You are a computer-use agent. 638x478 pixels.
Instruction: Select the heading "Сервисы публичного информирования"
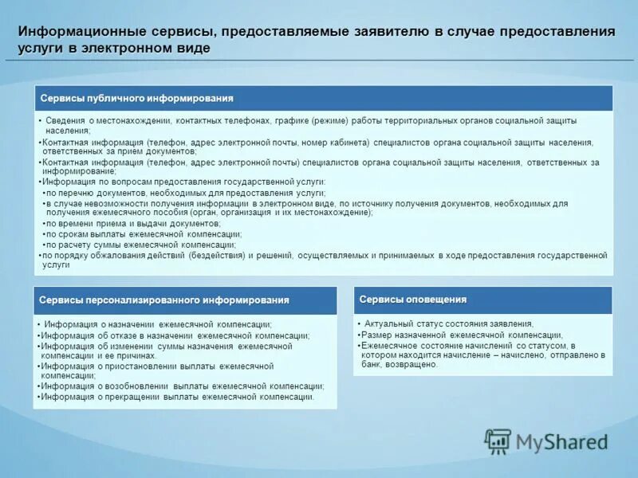pyautogui.click(x=136, y=98)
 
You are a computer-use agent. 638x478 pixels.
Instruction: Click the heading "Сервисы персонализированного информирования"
pyautogui.click(x=164, y=300)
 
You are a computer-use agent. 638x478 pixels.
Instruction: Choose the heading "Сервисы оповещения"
pyautogui.click(x=412, y=300)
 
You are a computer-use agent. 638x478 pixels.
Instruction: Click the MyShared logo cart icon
pyautogui.click(x=498, y=441)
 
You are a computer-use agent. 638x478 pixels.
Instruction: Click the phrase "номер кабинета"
pyautogui.click(x=336, y=143)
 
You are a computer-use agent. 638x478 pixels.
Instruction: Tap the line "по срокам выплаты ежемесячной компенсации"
pyautogui.click(x=143, y=234)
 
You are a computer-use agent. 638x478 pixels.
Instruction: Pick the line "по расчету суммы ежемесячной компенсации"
pyautogui.click(x=143, y=245)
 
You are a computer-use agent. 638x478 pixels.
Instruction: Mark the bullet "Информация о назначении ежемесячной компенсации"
pyautogui.click(x=158, y=325)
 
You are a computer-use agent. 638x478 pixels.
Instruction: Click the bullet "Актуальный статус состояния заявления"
pyautogui.click(x=449, y=324)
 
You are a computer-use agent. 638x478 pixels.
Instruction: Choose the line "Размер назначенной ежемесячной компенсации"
pyautogui.click(x=462, y=335)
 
